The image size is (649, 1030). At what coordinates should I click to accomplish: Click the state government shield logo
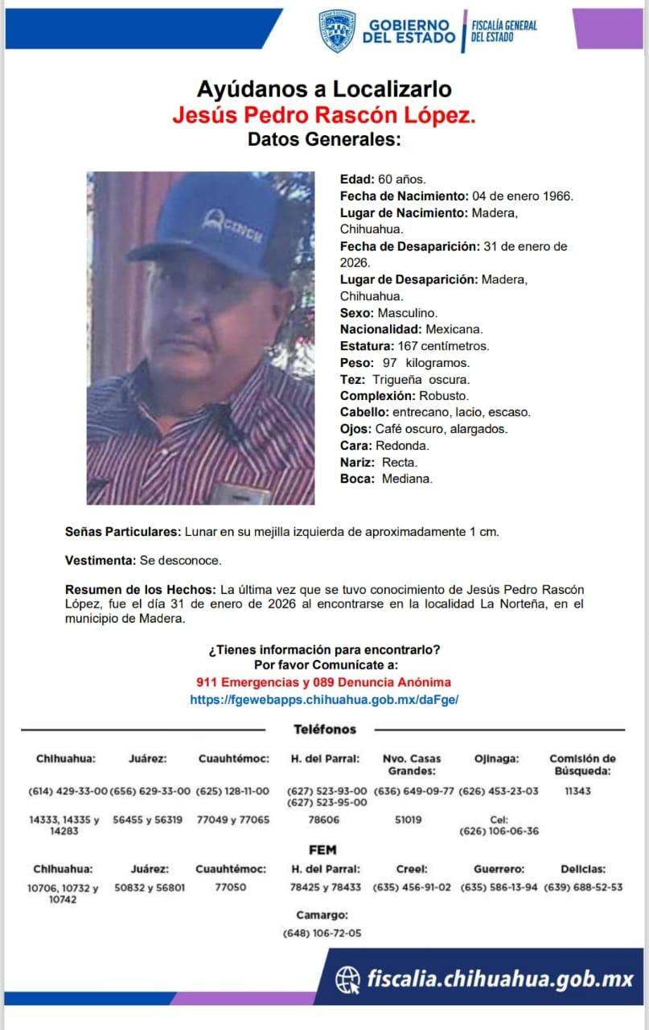[337, 31]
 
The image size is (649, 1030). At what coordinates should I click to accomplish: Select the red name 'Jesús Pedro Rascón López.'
[324, 115]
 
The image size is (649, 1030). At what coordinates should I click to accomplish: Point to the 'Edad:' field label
[357, 179]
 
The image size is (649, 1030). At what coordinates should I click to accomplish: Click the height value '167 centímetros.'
[444, 346]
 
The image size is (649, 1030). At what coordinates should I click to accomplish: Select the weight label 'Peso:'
[357, 363]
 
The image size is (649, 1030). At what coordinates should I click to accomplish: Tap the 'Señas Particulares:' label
[123, 532]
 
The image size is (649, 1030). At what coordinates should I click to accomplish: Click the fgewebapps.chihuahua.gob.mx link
[324, 700]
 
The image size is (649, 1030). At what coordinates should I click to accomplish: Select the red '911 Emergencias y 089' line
[324, 682]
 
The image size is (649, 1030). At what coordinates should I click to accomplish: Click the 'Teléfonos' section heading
[324, 729]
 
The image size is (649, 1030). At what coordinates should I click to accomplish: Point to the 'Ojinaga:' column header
[497, 759]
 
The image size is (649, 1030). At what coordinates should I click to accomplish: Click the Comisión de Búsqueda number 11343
[577, 791]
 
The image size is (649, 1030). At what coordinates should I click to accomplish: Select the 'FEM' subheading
[322, 850]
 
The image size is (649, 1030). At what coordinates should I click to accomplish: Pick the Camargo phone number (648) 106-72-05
[322, 933]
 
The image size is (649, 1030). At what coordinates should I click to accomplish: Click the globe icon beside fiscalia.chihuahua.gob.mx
[347, 979]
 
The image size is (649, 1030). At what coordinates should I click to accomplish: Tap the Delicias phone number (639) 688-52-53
[583, 888]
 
